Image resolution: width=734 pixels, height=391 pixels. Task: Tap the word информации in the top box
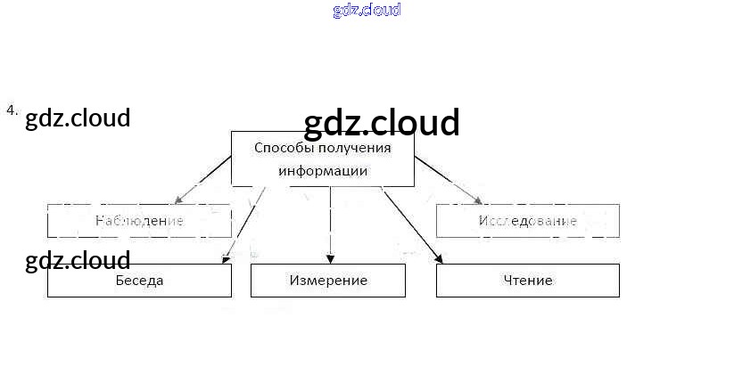[x=322, y=171]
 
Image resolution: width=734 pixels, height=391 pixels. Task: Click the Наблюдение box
[x=139, y=221]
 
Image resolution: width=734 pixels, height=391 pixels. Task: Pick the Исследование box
[x=527, y=221]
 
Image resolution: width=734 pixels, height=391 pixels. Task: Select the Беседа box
[x=139, y=281]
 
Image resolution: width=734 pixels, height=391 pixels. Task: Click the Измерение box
[x=328, y=281]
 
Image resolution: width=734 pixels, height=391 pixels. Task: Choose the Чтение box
[x=527, y=281]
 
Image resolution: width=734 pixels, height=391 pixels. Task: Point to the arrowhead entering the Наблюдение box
[x=179, y=200]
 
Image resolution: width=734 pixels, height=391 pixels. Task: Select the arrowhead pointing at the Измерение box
[x=331, y=259]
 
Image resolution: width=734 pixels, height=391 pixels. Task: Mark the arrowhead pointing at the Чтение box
[x=438, y=258]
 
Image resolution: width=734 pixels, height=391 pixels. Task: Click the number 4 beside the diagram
[x=11, y=110]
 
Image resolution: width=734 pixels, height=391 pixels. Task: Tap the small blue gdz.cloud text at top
[x=367, y=10]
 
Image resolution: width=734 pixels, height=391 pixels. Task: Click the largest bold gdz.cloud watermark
[x=382, y=123]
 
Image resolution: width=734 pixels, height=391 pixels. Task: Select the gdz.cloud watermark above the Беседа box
[x=78, y=261]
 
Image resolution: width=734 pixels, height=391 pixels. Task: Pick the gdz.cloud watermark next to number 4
[x=78, y=118]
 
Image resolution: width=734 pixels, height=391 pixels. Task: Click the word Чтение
[x=527, y=281]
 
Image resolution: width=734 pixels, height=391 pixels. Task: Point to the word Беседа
[x=139, y=281]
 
